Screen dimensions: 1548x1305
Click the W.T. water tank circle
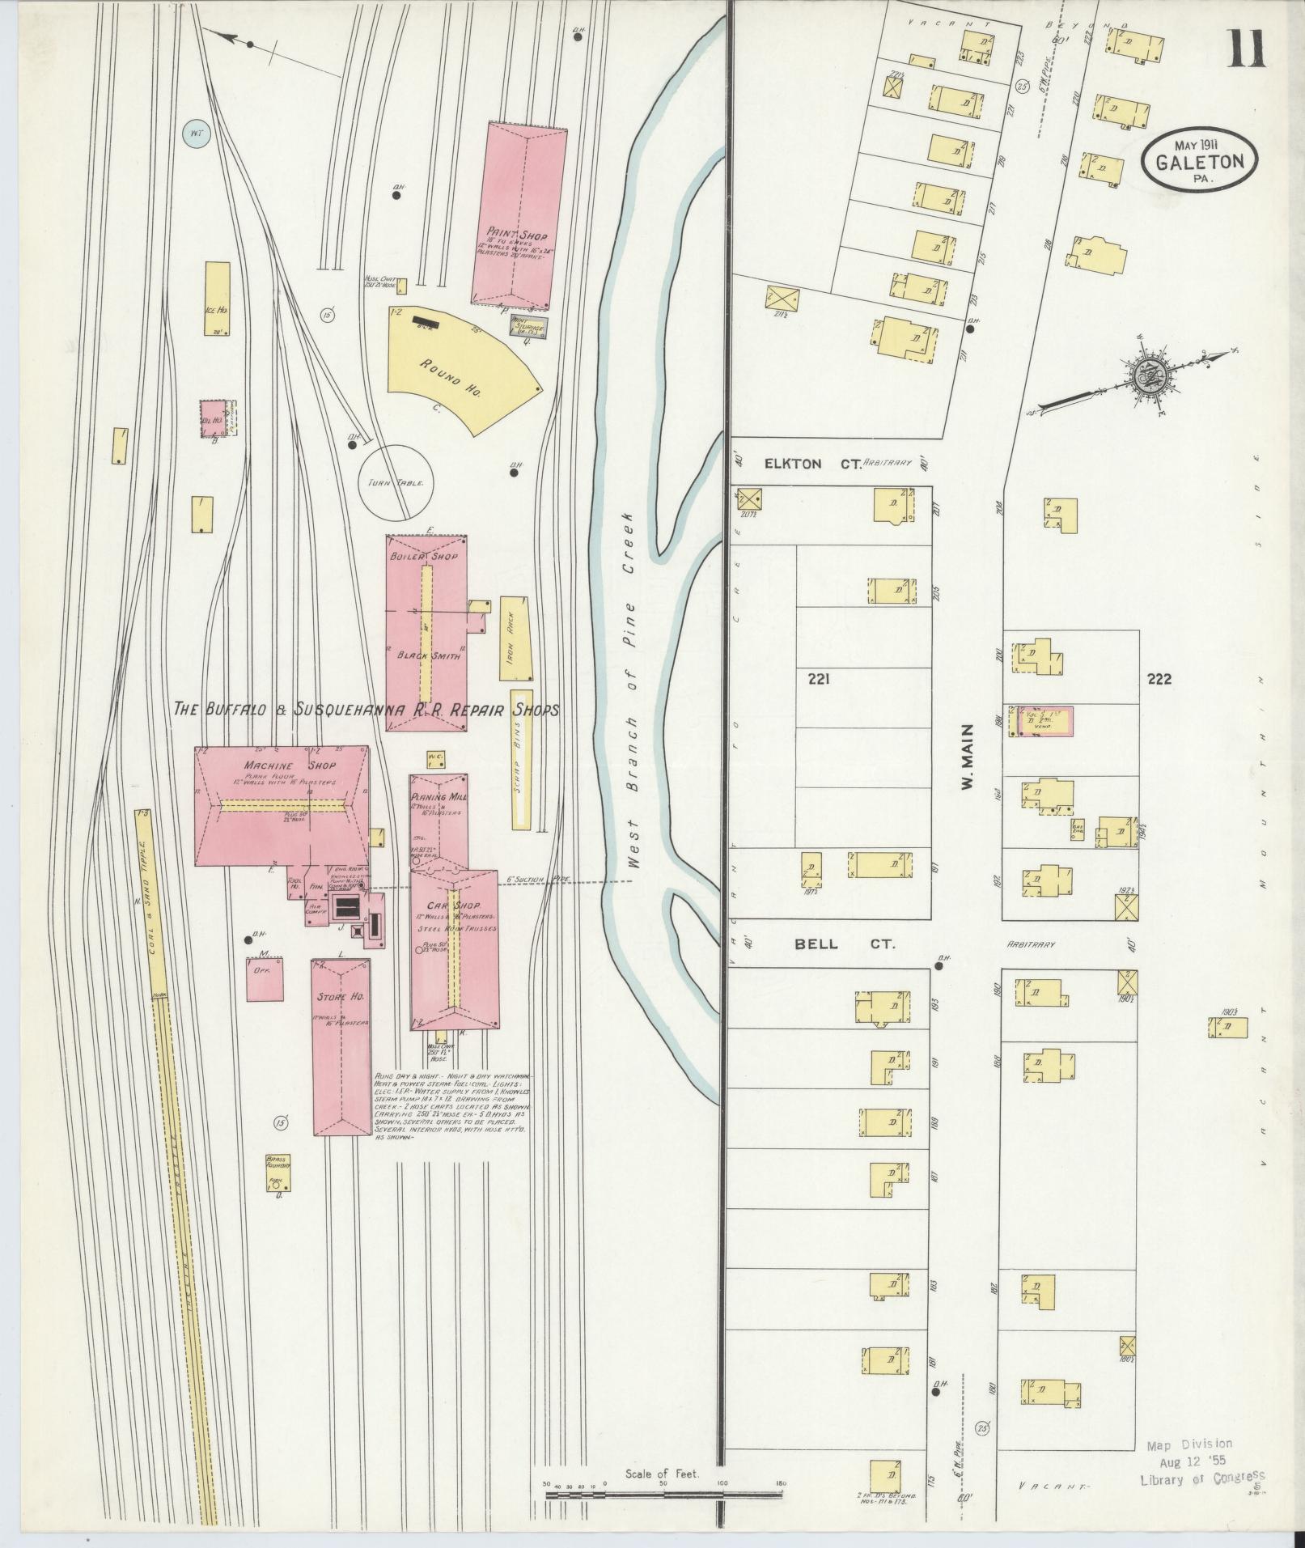click(x=195, y=134)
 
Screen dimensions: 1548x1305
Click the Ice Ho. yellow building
click(x=216, y=298)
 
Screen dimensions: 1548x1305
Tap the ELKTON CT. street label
click(x=800, y=464)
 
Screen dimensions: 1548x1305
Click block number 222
click(x=1159, y=679)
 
